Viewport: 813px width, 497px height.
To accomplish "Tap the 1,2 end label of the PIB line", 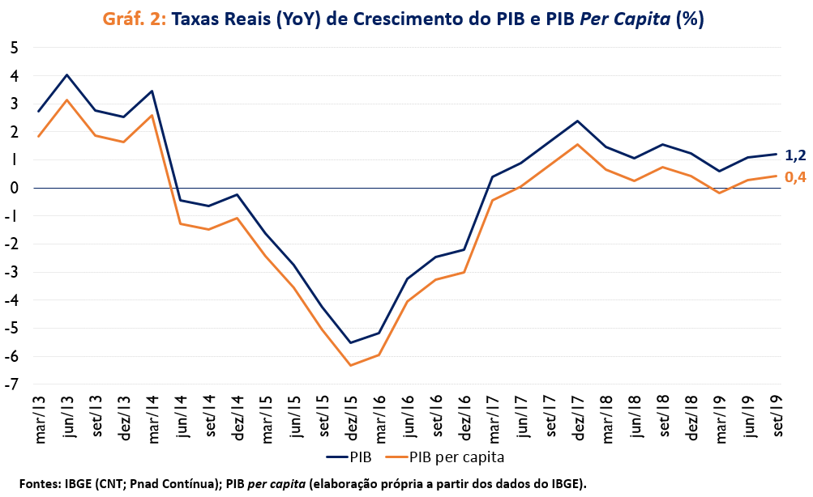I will [x=795, y=155].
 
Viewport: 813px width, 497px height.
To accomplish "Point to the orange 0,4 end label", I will [x=795, y=177].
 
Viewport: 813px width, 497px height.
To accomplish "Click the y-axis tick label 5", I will [x=14, y=48].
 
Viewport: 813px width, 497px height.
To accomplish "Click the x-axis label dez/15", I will [x=351, y=414].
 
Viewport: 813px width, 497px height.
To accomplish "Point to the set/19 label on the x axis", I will [x=777, y=414].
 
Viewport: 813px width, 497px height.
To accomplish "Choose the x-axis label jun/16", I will [x=408, y=414].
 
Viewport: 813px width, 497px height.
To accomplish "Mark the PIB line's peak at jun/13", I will [x=67, y=75].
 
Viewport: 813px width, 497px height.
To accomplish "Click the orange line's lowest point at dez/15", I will [x=351, y=365].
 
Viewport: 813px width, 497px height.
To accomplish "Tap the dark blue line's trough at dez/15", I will [x=351, y=342].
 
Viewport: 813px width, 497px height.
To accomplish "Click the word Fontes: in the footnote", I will [x=38, y=483].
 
